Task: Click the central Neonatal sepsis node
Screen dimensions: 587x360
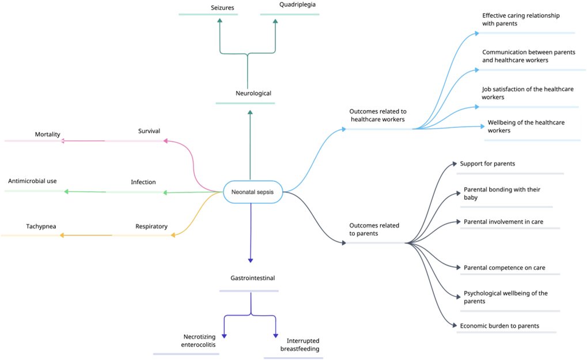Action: (252, 192)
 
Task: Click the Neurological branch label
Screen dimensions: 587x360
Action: (253, 93)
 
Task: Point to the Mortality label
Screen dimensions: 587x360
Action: (47, 134)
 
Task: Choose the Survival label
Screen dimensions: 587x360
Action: (149, 131)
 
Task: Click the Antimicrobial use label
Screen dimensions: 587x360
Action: (32, 181)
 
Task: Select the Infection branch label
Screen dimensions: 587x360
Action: (143, 182)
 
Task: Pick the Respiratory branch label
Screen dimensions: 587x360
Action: (151, 226)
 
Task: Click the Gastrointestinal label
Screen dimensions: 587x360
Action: (252, 278)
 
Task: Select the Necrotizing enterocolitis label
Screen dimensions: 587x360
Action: (198, 340)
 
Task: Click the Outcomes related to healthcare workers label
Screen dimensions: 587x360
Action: (377, 115)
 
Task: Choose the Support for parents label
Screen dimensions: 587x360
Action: (487, 164)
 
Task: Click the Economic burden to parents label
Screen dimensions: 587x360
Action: (499, 326)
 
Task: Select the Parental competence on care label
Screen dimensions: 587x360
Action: (504, 267)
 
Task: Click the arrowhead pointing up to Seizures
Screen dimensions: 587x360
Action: (219, 21)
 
